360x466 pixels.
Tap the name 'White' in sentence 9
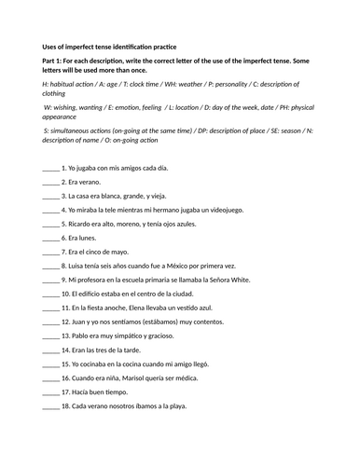click(x=235, y=281)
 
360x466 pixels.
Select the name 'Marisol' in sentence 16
click(x=132, y=378)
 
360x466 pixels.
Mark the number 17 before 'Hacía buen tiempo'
click(x=66, y=392)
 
